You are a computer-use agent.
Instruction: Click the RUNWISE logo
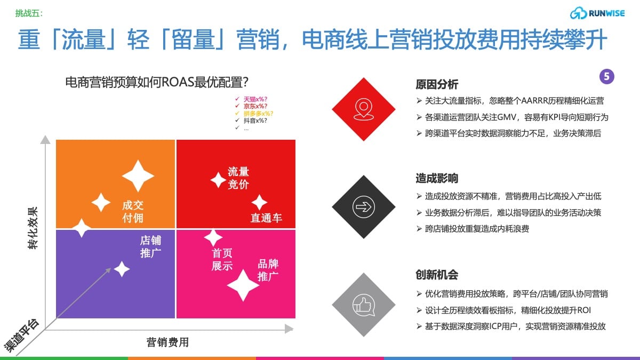[597, 13]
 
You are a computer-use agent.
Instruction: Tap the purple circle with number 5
[606, 77]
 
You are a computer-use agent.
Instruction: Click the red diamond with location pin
[363, 109]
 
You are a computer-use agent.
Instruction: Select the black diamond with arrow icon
[363, 207]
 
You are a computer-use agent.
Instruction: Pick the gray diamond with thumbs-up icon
[363, 305]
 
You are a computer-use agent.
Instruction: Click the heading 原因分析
[437, 85]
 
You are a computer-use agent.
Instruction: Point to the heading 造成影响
[437, 178]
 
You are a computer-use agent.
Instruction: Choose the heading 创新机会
[437, 275]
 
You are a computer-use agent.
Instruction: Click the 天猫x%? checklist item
[255, 99]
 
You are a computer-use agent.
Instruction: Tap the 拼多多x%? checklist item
[258, 114]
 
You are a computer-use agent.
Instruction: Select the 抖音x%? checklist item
[255, 121]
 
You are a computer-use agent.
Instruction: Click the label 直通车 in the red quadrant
[266, 218]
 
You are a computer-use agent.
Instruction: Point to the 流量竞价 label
[238, 178]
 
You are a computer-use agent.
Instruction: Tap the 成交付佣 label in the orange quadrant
[133, 211]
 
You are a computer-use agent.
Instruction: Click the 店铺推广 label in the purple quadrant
[150, 246]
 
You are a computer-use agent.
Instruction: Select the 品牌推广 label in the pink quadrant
[268, 270]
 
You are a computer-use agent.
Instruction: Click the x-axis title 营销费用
[167, 342]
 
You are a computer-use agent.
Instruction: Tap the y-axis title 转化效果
[33, 228]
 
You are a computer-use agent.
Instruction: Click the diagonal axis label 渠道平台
[22, 335]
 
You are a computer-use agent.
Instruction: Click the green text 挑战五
[29, 13]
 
